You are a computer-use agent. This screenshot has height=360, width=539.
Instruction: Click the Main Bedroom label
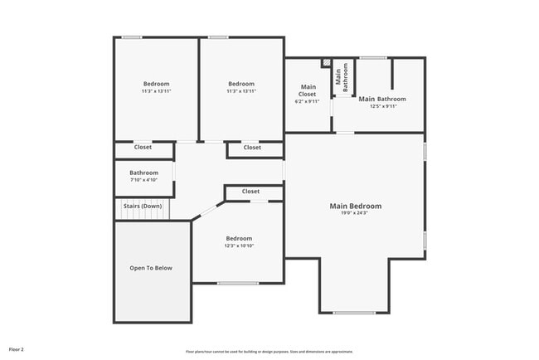(355, 206)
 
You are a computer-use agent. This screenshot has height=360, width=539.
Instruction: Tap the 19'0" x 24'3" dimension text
(355, 213)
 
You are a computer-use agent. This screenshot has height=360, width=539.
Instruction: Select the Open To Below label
(151, 268)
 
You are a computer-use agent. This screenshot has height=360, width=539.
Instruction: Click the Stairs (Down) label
(143, 206)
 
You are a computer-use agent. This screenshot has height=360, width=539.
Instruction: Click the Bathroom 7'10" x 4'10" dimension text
(143, 180)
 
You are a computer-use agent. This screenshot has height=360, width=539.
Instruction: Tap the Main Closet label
(308, 90)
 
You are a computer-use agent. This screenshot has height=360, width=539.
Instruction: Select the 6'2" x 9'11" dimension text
(308, 102)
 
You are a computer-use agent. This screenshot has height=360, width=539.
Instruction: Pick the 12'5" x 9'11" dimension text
(382, 106)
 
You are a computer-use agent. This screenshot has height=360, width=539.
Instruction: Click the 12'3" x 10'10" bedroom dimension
(239, 246)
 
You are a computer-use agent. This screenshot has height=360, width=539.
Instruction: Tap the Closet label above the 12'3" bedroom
(251, 192)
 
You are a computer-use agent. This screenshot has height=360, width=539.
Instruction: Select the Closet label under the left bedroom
(143, 148)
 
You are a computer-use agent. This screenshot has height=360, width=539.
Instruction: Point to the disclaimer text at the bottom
(269, 350)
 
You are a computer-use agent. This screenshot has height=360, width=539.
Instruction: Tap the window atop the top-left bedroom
(131, 37)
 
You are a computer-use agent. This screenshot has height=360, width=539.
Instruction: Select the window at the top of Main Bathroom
(372, 57)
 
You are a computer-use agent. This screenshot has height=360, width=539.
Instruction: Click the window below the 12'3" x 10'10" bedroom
(237, 284)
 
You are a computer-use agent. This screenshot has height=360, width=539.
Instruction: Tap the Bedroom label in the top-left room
(156, 84)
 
